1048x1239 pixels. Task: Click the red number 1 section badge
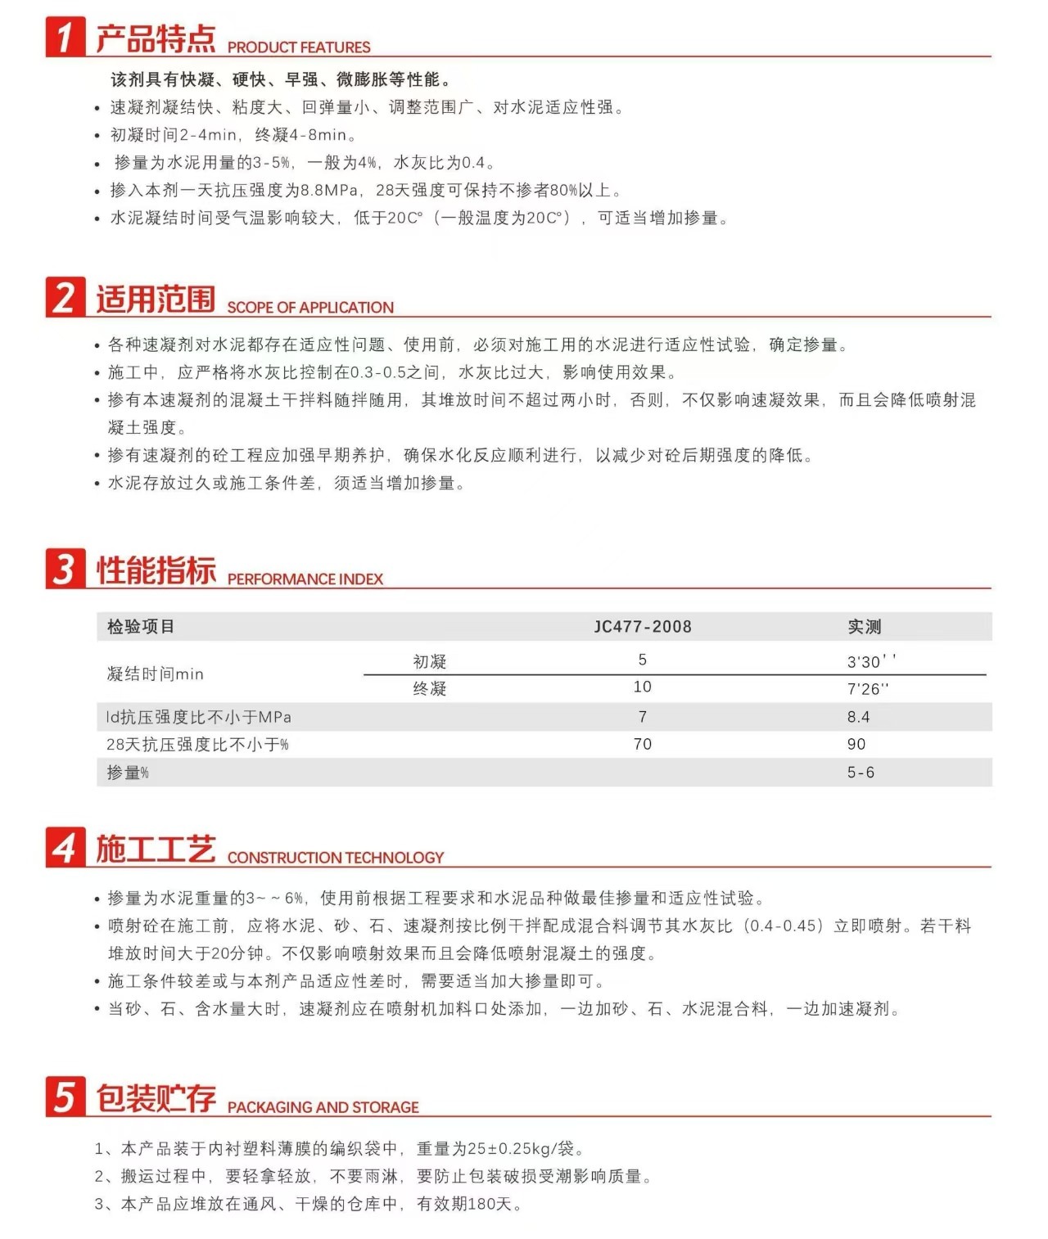pyautogui.click(x=65, y=37)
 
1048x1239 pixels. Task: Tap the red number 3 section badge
pyautogui.click(x=65, y=569)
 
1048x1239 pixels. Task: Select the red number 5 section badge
pyautogui.click(x=65, y=1097)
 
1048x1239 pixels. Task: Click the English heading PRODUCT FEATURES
pyautogui.click(x=299, y=47)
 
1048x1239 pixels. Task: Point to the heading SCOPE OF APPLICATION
pyautogui.click(x=310, y=308)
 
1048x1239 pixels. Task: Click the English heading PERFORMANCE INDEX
pyautogui.click(x=305, y=579)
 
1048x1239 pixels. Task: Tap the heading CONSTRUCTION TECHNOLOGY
pyautogui.click(x=336, y=858)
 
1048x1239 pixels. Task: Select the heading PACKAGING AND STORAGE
pyautogui.click(x=323, y=1107)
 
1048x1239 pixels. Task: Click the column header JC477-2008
pyautogui.click(x=643, y=627)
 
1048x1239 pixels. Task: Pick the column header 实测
pyautogui.click(x=865, y=627)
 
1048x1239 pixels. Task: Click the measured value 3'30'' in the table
pyautogui.click(x=871, y=661)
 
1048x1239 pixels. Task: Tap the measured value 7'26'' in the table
pyautogui.click(x=868, y=689)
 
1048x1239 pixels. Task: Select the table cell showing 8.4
pyautogui.click(x=858, y=717)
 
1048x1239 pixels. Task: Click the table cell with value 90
pyautogui.click(x=856, y=744)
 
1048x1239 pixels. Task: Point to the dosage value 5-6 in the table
pyautogui.click(x=861, y=772)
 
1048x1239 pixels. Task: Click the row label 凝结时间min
pyautogui.click(x=156, y=674)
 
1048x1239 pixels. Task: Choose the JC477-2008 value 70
pyautogui.click(x=643, y=744)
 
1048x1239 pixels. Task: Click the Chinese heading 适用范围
pyautogui.click(x=156, y=300)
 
